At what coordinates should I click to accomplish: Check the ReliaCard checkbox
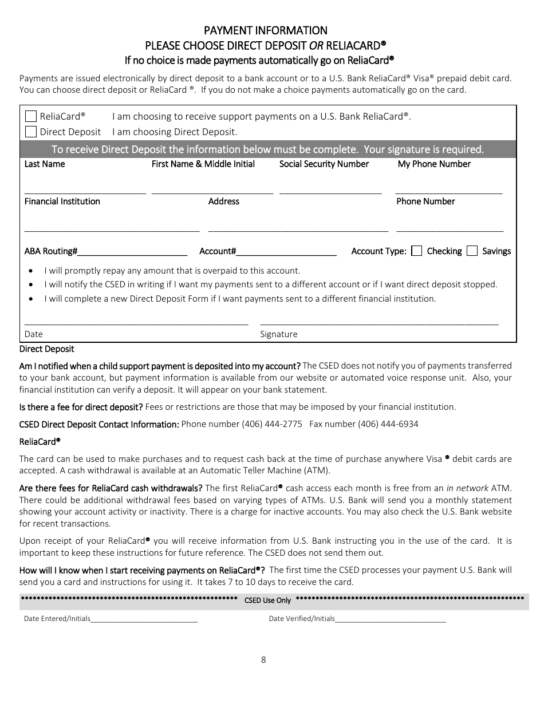(31, 116)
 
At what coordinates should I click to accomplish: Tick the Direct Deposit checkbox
(31, 132)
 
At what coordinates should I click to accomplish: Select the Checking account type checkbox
(417, 251)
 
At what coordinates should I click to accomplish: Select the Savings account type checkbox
(472, 251)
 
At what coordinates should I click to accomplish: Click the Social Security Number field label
(324, 164)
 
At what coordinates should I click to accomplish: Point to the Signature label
(279, 334)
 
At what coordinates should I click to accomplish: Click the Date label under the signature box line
(33, 334)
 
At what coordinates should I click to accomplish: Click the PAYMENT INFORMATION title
(266, 30)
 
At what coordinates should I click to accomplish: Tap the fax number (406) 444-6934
(389, 424)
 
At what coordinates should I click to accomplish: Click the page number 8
(263, 659)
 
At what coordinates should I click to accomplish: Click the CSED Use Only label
(267, 600)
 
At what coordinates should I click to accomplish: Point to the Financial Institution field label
(62, 201)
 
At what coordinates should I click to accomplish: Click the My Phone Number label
(434, 164)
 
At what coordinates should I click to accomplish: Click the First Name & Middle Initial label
(203, 164)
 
